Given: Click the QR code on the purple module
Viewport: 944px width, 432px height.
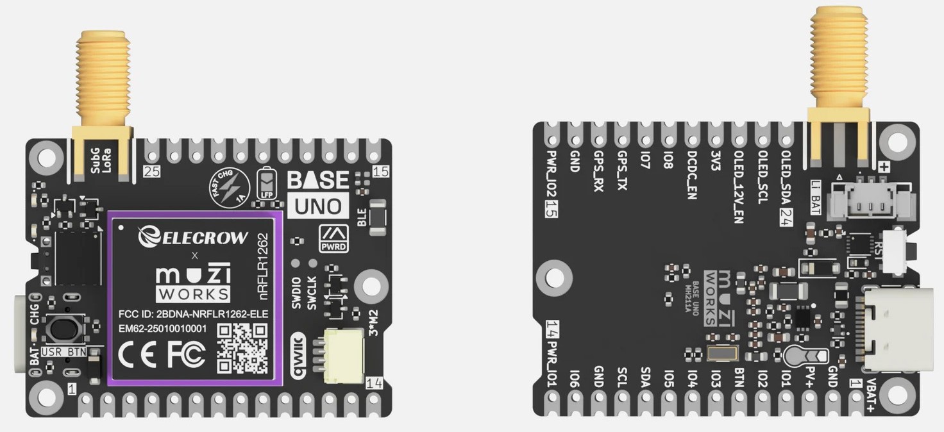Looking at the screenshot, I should point(241,348).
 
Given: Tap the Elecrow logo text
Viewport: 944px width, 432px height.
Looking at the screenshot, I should point(193,237).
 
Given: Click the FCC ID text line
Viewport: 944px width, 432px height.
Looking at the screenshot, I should point(193,314).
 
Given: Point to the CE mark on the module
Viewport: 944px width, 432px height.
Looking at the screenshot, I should point(138,354).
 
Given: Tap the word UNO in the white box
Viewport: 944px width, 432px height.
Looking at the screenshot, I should point(317,206).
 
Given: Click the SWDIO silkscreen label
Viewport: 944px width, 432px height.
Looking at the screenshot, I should point(296,292).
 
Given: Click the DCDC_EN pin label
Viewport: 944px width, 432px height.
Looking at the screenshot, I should point(692,176).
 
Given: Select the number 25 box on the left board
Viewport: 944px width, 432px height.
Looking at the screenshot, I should point(151,172).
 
